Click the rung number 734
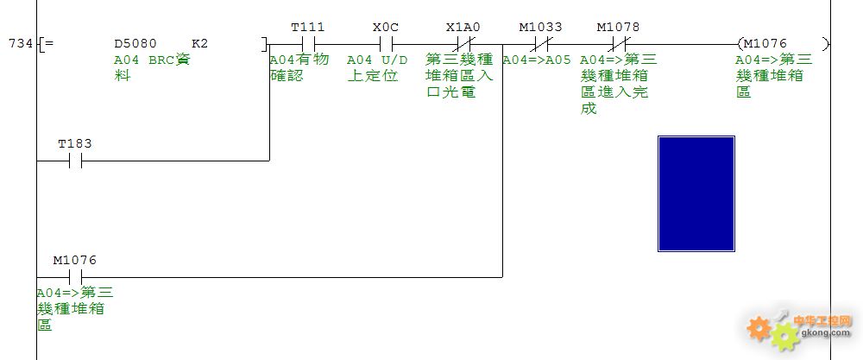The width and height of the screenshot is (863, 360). coord(21,43)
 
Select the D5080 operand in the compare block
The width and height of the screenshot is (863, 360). coord(135,43)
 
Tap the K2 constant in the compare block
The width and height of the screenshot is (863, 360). coord(200,43)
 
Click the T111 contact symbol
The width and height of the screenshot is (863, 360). coord(308,44)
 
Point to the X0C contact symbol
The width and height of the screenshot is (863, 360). coord(386,44)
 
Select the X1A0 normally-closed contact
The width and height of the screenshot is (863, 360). coord(463,44)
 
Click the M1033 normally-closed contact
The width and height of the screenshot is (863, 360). coord(541,44)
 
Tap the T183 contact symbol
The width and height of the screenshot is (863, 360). coord(75,161)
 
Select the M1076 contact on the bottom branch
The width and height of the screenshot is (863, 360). coord(75,277)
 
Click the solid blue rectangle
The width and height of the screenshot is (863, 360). coord(696,193)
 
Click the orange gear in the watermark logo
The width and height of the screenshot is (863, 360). coord(759,328)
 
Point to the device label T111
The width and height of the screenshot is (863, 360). coord(308,27)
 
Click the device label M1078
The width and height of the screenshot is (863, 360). coord(619,27)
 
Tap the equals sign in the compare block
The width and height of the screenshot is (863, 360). coord(49,43)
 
